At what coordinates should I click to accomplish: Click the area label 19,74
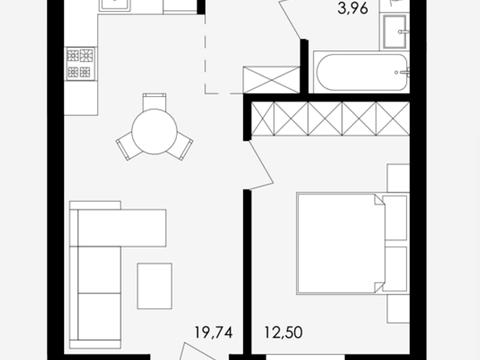pos(213,333)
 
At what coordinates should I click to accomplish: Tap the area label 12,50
pos(284,333)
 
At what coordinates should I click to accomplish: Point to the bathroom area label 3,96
pos(353,8)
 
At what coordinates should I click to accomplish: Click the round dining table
pos(154,131)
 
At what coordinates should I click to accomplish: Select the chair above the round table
pos(154,101)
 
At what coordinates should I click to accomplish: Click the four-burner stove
pos(80,64)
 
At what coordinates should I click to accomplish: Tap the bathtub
pos(362,72)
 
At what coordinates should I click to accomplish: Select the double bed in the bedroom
pos(341,243)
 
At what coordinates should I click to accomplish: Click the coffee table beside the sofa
pos(155,286)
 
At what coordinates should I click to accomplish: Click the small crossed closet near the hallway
pos(271,79)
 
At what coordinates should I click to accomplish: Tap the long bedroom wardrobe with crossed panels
pos(330,119)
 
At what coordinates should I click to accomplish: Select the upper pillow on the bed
pos(396,218)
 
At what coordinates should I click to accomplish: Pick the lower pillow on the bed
pos(396,269)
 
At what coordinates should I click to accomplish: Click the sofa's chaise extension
pos(122,228)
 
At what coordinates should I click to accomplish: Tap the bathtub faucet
pos(403,72)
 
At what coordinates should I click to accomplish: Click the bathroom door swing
pos(289,18)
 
